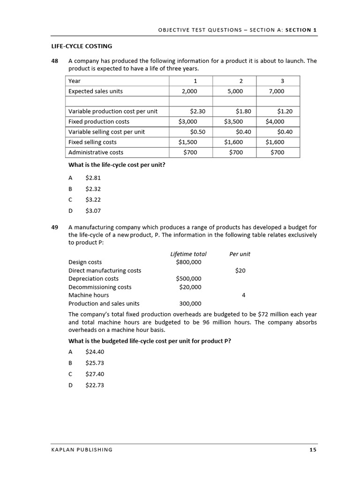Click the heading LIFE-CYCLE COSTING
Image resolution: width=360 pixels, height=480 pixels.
[82, 46]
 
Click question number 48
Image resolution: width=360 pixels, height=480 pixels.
[55, 61]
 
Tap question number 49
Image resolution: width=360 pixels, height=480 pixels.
[55, 227]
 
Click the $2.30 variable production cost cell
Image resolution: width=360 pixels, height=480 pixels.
[197, 111]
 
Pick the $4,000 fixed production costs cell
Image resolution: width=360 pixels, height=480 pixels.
[275, 121]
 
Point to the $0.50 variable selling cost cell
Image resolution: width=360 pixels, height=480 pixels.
[197, 132]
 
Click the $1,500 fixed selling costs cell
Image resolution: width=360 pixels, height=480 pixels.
[188, 142]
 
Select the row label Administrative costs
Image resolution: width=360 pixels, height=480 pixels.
[96, 152]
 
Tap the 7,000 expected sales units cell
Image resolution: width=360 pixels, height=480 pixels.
[277, 91]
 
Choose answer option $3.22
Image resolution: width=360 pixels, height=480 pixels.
[93, 199]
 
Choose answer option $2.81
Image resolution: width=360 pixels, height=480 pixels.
[93, 178]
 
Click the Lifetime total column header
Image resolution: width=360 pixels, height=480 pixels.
[188, 254]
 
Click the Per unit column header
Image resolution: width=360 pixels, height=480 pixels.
[240, 254]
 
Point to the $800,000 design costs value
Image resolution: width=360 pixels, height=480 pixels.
[188, 262]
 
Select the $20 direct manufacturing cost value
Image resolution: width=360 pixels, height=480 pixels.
[240, 270]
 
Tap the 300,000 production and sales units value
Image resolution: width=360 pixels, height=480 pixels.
[190, 303]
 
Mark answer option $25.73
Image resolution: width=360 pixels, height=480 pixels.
[94, 363]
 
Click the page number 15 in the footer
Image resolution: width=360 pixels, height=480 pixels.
[313, 450]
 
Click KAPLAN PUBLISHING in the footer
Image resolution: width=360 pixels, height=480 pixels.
[82, 450]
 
